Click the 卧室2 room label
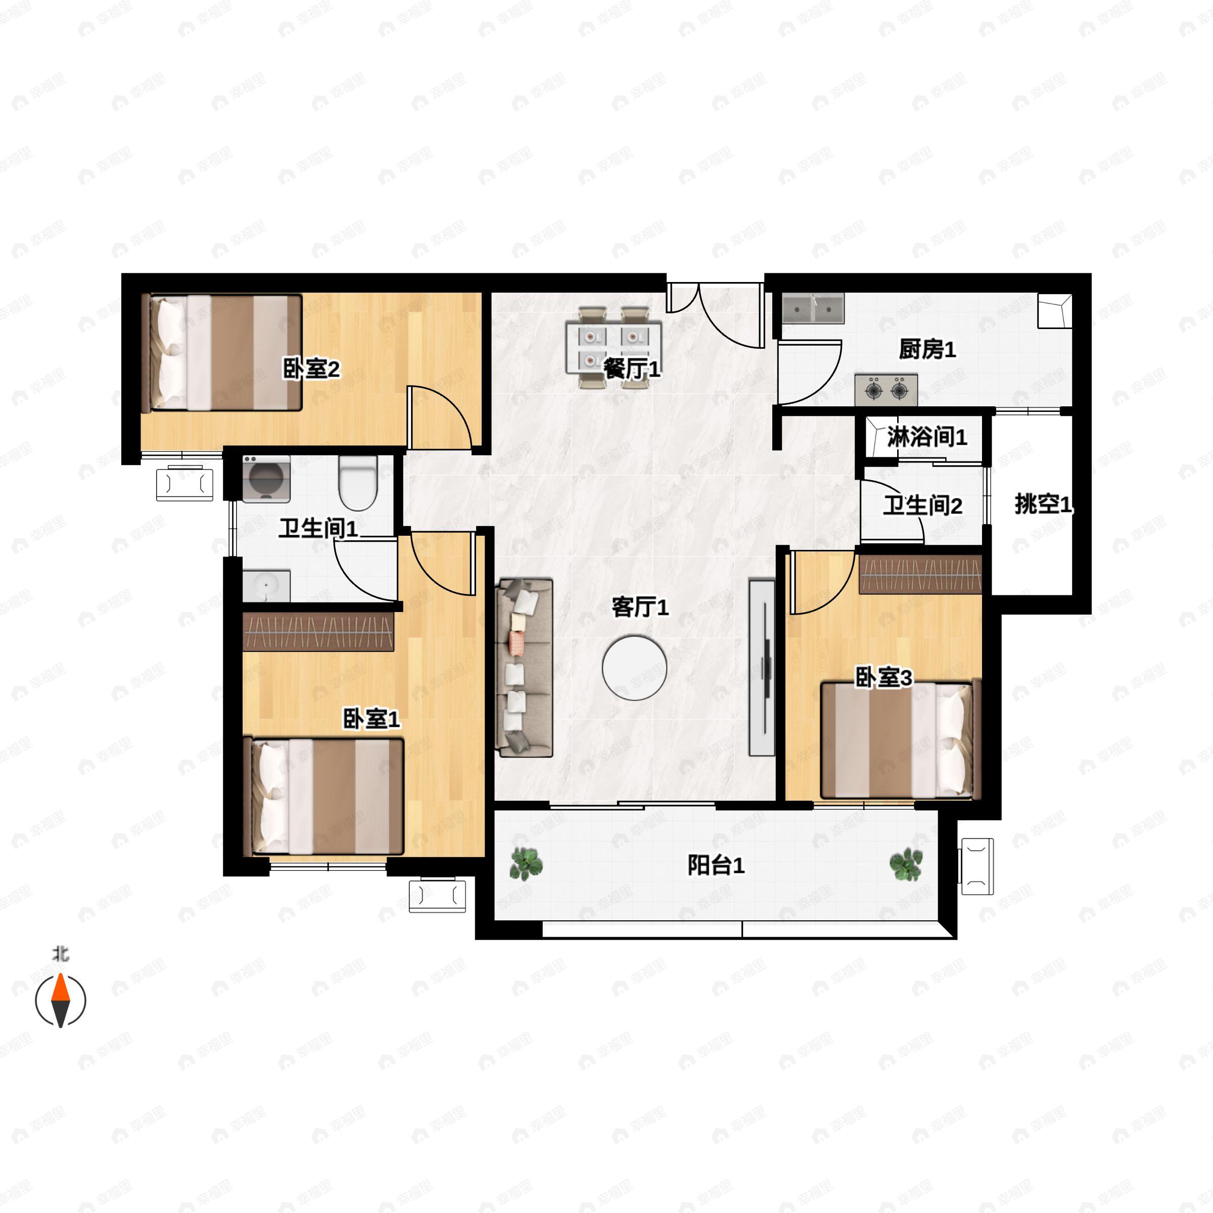tap(311, 368)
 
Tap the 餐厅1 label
tap(632, 368)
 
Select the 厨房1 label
tap(927, 349)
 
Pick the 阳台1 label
tap(716, 865)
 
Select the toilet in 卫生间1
tap(358, 483)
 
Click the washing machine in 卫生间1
tap(266, 479)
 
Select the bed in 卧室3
tap(900, 740)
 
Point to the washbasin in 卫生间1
tap(266, 586)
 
